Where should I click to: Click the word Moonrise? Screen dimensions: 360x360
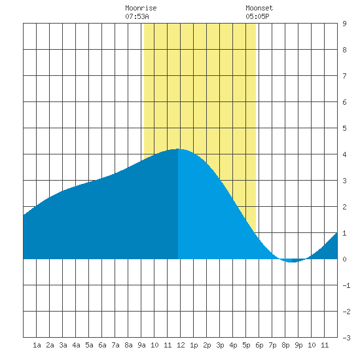(141, 8)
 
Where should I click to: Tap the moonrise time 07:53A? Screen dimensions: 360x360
(137, 16)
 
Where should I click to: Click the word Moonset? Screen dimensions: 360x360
(259, 8)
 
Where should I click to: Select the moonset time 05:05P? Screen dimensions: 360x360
(257, 16)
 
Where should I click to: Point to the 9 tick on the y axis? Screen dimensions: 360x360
(344, 24)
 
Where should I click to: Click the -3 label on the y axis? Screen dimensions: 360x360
(346, 338)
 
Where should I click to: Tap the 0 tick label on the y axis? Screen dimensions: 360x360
(344, 259)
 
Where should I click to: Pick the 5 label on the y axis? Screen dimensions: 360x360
(344, 128)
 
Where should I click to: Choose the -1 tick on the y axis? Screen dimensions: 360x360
(346, 285)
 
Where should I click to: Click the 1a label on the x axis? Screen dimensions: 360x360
(37, 345)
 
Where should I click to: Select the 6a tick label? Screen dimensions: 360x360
(102, 345)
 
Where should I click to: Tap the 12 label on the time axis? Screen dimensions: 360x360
(181, 345)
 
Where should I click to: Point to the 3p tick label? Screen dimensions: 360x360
(220, 345)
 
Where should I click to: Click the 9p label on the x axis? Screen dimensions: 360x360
(298, 345)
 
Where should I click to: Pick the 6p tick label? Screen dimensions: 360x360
(259, 345)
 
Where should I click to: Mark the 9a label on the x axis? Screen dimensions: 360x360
(141, 345)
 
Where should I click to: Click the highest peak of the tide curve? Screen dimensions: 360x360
(178, 149)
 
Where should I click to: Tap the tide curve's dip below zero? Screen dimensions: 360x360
(292, 262)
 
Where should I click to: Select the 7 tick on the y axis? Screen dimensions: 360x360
(344, 76)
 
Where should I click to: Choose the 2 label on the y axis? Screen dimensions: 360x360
(344, 207)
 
